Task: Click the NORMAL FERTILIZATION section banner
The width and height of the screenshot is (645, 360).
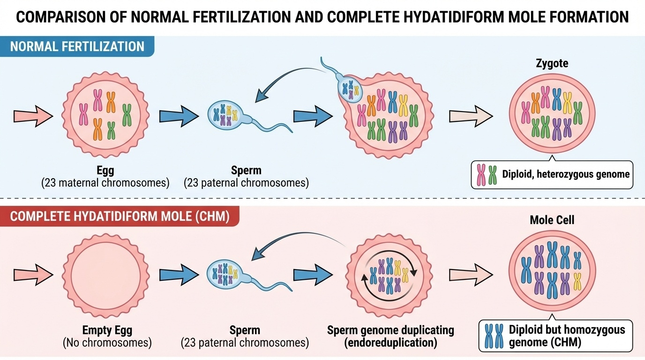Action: click(x=77, y=47)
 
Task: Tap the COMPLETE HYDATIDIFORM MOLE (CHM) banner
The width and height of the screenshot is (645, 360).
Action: click(x=120, y=217)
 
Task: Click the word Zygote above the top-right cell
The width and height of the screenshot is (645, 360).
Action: click(x=552, y=63)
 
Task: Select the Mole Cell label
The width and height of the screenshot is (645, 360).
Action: click(x=552, y=220)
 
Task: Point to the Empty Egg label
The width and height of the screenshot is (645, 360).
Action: click(x=107, y=330)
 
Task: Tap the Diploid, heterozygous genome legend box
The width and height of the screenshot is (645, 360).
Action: click(x=552, y=174)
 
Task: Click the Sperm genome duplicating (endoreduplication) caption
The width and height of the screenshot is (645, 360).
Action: click(x=390, y=336)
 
